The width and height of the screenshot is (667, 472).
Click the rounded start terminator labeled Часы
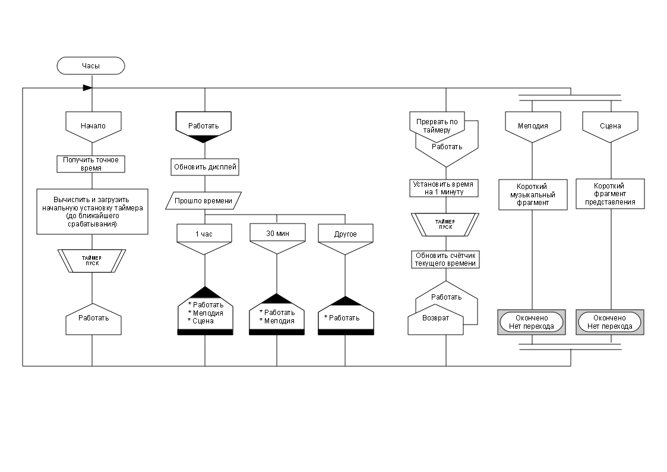click(91, 65)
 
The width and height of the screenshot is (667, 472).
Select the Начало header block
click(93, 125)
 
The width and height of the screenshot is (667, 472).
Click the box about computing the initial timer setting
click(92, 212)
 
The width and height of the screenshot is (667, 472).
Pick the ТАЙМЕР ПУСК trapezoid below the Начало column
click(92, 260)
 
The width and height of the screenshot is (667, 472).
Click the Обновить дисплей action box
click(205, 167)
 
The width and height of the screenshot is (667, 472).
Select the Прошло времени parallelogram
click(203, 201)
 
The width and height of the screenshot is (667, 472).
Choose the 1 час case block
click(204, 234)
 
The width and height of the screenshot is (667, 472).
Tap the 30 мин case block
click(277, 234)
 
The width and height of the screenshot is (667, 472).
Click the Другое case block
click(346, 234)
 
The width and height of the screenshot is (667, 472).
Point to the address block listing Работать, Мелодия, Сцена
click(205, 313)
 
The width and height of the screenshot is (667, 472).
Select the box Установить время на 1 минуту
click(445, 188)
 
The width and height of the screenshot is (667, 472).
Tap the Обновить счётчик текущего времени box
click(445, 259)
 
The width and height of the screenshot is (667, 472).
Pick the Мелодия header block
click(532, 125)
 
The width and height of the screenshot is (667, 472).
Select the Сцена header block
click(610, 125)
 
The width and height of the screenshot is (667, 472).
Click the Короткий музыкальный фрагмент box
click(532, 194)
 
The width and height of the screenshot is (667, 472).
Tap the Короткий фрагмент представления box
click(610, 194)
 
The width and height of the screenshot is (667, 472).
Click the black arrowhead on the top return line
click(87, 87)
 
